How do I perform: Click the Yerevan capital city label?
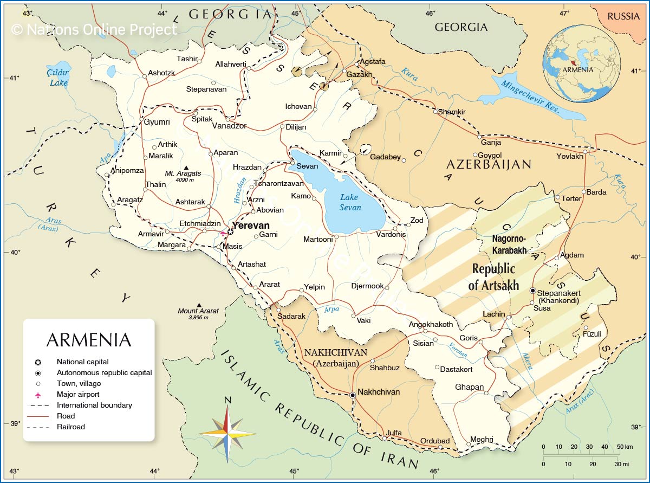(x=251, y=226)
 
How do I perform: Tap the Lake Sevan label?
(x=350, y=202)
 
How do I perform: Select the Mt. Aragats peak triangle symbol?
(x=187, y=167)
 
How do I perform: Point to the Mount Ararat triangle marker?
(x=199, y=305)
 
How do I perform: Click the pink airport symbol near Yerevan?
(x=223, y=233)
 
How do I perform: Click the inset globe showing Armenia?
(x=582, y=64)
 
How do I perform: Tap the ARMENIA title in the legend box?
(x=89, y=339)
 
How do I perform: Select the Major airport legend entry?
(x=78, y=394)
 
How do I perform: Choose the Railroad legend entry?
(x=70, y=427)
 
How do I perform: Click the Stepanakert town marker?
(x=532, y=291)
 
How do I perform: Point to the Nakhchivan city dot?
(x=353, y=395)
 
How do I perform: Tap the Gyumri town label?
(x=157, y=123)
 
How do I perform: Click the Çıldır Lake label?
(x=58, y=78)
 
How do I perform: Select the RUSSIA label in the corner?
(x=623, y=16)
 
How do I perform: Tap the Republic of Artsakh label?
(x=493, y=277)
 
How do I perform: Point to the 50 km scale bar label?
(x=624, y=447)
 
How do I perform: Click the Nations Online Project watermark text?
(x=94, y=29)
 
